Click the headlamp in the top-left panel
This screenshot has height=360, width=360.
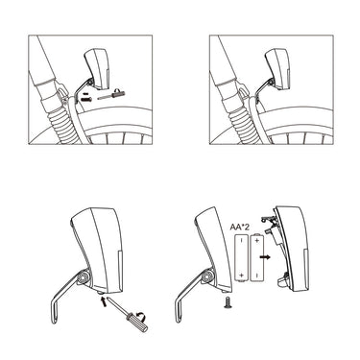pyautogui.click(x=97, y=68)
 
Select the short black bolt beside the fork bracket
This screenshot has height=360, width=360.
pyautogui.click(x=87, y=99)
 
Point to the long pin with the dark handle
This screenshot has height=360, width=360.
pyautogui.click(x=111, y=95)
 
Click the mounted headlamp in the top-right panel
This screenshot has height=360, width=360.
pyautogui.click(x=277, y=68)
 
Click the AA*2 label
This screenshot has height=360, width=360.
pyautogui.click(x=240, y=227)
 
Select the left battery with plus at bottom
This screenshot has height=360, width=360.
pyautogui.click(x=242, y=258)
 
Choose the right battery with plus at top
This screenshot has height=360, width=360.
pyautogui.click(x=257, y=257)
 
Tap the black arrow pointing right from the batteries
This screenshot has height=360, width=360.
pyautogui.click(x=265, y=257)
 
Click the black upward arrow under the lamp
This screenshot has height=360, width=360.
pyautogui.click(x=104, y=301)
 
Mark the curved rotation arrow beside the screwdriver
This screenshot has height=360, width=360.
pyautogui.click(x=140, y=316)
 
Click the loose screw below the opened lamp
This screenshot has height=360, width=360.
pyautogui.click(x=228, y=302)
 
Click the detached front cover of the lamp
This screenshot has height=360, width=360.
pyautogui.click(x=293, y=250)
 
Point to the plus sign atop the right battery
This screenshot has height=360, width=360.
pyautogui.click(x=257, y=240)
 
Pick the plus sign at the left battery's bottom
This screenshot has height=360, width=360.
pyautogui.click(x=242, y=275)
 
